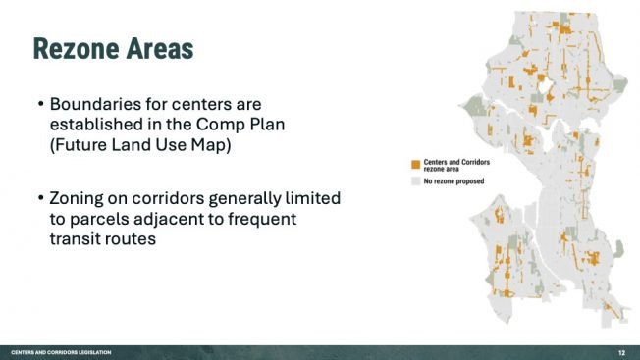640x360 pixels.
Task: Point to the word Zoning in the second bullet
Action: [79, 198]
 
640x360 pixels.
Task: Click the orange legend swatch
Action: [416, 165]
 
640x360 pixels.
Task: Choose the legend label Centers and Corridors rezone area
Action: [454, 165]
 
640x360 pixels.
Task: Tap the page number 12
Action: [622, 352]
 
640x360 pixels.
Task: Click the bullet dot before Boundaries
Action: [40, 103]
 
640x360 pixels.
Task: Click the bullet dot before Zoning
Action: [40, 199]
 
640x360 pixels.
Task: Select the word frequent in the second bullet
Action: [279, 218]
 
